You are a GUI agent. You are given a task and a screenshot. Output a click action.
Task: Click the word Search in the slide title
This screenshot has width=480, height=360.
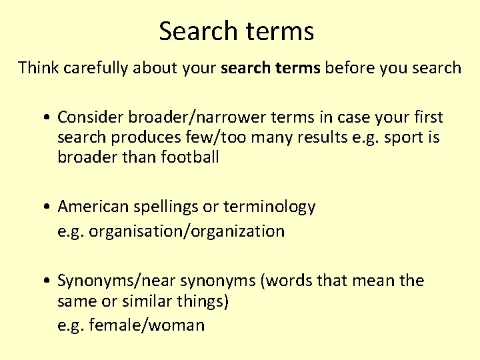pyautogui.click(x=198, y=31)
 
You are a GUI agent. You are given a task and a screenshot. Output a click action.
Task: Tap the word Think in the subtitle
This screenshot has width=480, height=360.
pyautogui.click(x=37, y=67)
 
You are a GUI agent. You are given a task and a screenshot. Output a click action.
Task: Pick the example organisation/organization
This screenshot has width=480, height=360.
pyautogui.click(x=186, y=231)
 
